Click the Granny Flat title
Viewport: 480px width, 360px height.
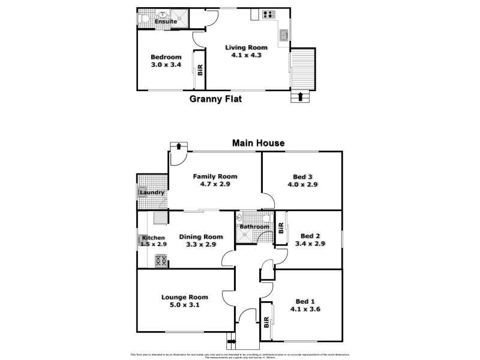(x=215, y=100)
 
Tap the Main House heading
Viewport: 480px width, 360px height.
(x=258, y=143)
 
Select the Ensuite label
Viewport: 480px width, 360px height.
(x=166, y=22)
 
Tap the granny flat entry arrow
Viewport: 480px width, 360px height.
(x=301, y=95)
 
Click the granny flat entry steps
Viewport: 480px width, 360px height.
(x=302, y=67)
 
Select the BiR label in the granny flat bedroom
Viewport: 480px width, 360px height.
(x=200, y=70)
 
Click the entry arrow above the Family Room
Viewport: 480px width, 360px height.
(x=178, y=146)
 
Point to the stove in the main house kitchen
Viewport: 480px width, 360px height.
(x=161, y=260)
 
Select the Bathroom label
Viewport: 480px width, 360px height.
(x=254, y=227)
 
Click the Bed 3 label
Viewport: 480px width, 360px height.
(x=302, y=176)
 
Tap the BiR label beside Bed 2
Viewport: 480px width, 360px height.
(x=281, y=228)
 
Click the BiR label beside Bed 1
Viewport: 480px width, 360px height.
(x=266, y=325)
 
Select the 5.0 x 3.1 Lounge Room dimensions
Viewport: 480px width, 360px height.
(x=184, y=305)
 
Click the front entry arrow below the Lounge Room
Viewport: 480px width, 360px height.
(x=232, y=343)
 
